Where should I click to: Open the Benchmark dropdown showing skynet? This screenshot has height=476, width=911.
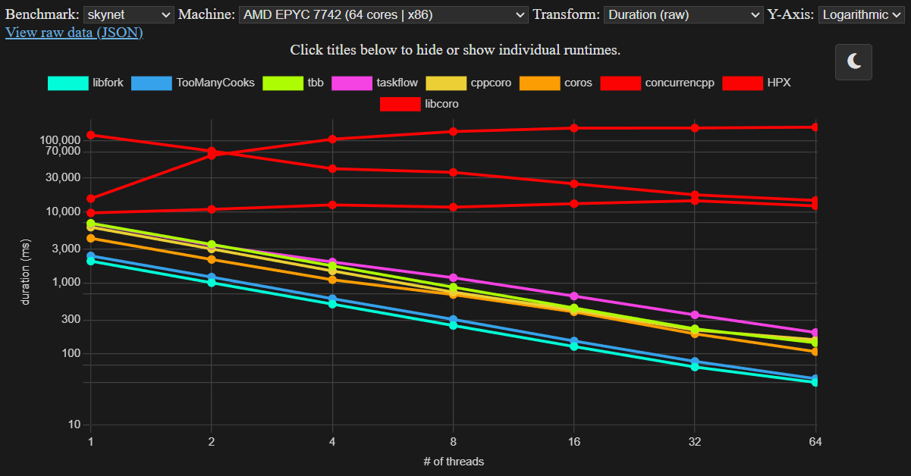click(x=128, y=14)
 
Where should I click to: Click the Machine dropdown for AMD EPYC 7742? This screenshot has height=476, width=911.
click(x=383, y=14)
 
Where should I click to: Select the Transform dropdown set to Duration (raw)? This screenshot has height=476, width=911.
click(x=683, y=14)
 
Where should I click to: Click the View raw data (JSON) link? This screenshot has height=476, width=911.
click(x=74, y=33)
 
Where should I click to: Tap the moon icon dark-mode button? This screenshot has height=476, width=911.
click(x=853, y=61)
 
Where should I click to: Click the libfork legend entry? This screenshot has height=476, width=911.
click(x=86, y=83)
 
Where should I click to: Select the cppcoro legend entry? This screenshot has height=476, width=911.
click(x=468, y=83)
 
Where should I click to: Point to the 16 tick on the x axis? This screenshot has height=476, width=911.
click(x=574, y=442)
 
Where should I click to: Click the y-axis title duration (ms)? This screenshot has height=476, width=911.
click(x=26, y=271)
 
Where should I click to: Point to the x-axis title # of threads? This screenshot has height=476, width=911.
click(x=453, y=461)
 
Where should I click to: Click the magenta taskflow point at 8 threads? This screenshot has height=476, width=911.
click(x=454, y=278)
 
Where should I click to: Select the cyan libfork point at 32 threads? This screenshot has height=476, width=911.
click(x=695, y=367)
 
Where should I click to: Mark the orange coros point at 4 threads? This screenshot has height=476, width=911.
click(x=332, y=280)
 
